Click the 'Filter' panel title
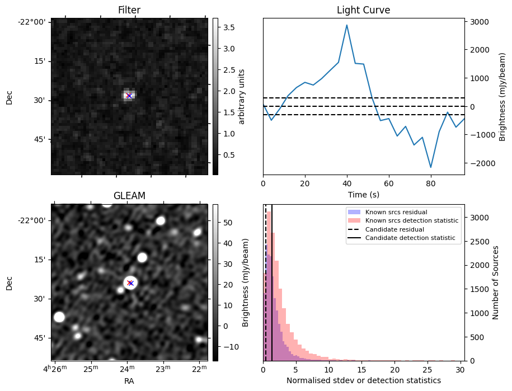click(129, 10)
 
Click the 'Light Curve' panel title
click(363, 10)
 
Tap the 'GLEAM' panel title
click(129, 196)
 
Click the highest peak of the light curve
click(347, 25)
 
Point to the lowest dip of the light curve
click(431, 167)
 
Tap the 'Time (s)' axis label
click(363, 195)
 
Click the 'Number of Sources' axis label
click(496, 282)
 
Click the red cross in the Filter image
click(129, 96)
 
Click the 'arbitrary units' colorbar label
click(242, 96)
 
